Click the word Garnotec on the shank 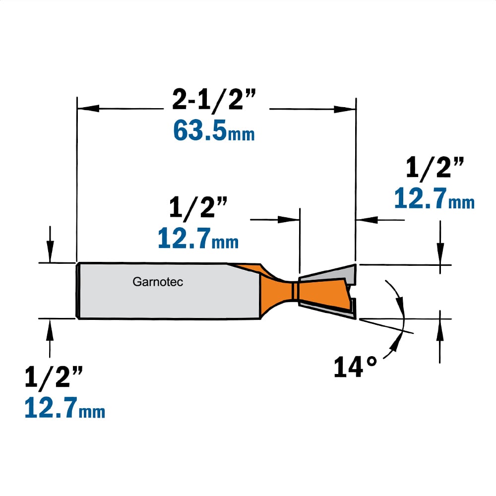[158, 282]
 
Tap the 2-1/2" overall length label [214, 100]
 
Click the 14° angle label [355, 367]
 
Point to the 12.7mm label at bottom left [65, 408]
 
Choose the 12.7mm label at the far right [434, 198]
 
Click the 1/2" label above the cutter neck [198, 207]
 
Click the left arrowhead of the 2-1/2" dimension [89, 108]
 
